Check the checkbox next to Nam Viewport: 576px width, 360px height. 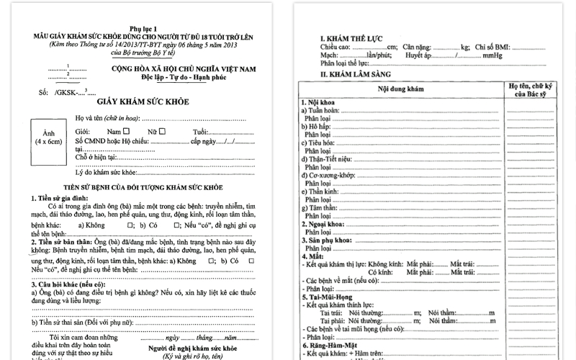pos(127,131)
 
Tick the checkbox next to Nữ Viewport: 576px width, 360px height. pos(163,131)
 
